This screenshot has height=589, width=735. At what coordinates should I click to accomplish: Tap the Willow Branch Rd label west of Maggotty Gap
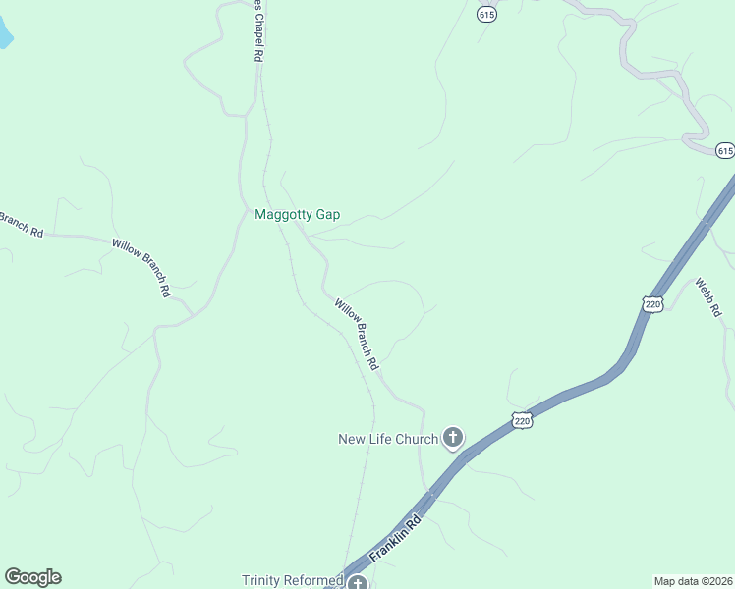pyautogui.click(x=141, y=267)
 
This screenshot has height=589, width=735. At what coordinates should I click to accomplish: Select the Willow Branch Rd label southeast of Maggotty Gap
pyautogui.click(x=357, y=334)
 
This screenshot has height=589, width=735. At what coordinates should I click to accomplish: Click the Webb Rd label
pyautogui.click(x=708, y=297)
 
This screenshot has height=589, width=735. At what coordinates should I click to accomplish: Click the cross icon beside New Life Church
pyautogui.click(x=452, y=438)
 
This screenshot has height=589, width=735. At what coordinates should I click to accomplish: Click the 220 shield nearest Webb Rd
pyautogui.click(x=653, y=304)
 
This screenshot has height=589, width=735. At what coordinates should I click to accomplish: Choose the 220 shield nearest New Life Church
pyautogui.click(x=522, y=420)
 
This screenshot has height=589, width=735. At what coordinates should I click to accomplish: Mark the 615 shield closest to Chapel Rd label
pyautogui.click(x=487, y=15)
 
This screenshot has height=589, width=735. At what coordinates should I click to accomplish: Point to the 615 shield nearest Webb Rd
pyautogui.click(x=724, y=150)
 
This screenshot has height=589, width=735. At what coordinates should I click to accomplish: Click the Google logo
pyautogui.click(x=32, y=577)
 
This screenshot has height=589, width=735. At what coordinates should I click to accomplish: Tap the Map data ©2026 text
pyautogui.click(x=693, y=580)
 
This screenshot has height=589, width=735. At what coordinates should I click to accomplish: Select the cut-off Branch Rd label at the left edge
pyautogui.click(x=20, y=224)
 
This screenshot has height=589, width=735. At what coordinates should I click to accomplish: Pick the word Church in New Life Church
pyautogui.click(x=417, y=439)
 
